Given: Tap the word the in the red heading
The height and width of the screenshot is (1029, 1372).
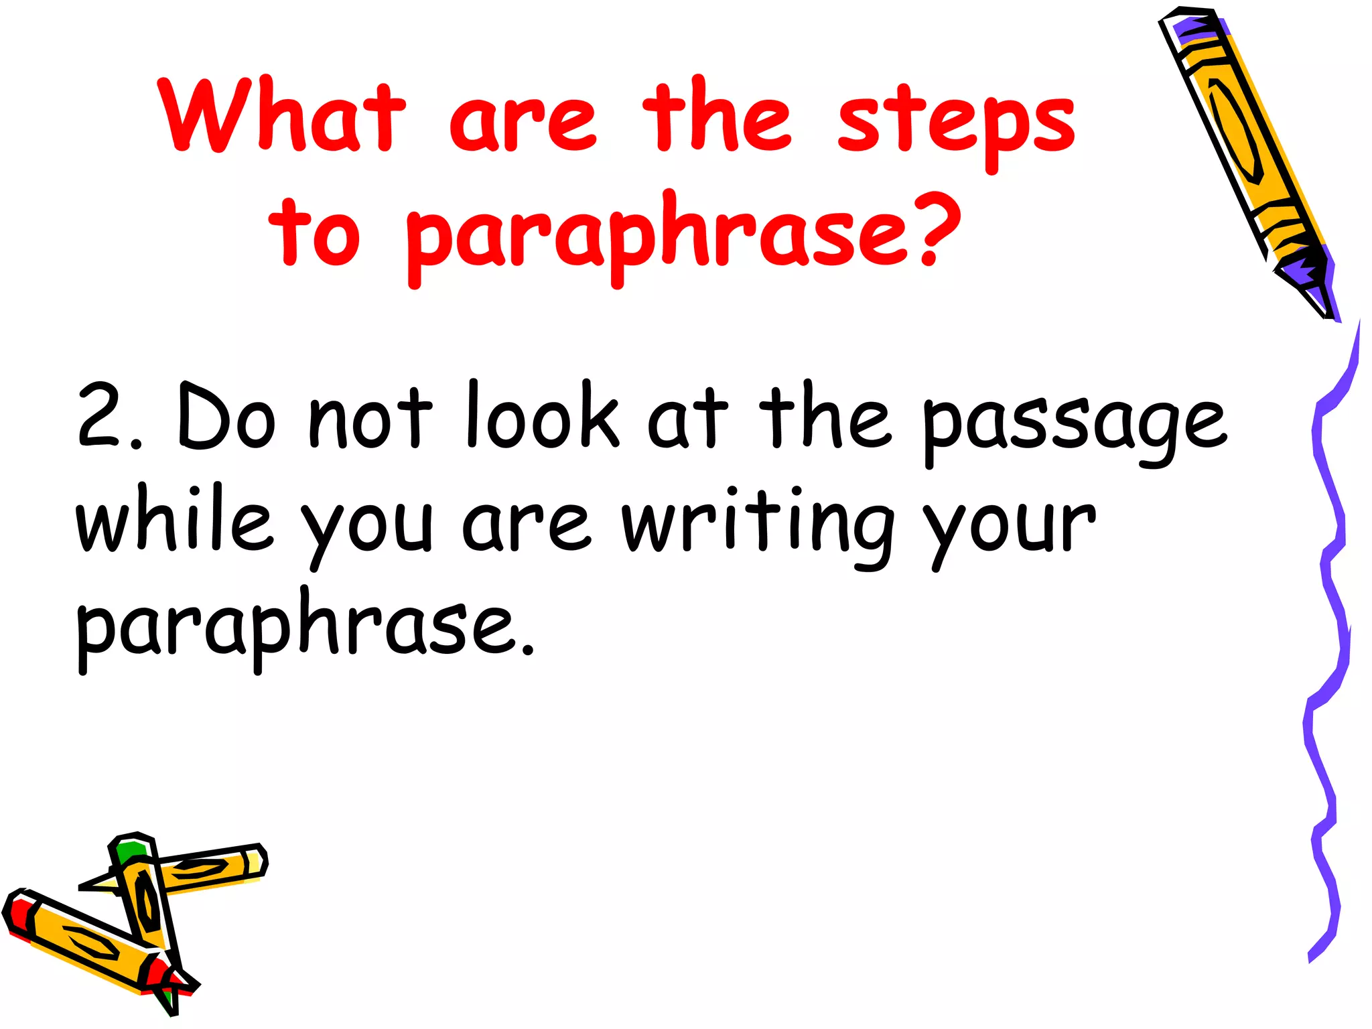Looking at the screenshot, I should click(717, 115).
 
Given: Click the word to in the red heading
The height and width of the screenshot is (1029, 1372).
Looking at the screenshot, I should click(315, 231).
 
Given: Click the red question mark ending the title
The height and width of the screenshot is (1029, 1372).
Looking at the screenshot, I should click(938, 228).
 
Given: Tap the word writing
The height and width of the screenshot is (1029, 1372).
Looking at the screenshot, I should click(757, 526).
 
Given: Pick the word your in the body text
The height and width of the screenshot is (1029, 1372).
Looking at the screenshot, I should click(1009, 529).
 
